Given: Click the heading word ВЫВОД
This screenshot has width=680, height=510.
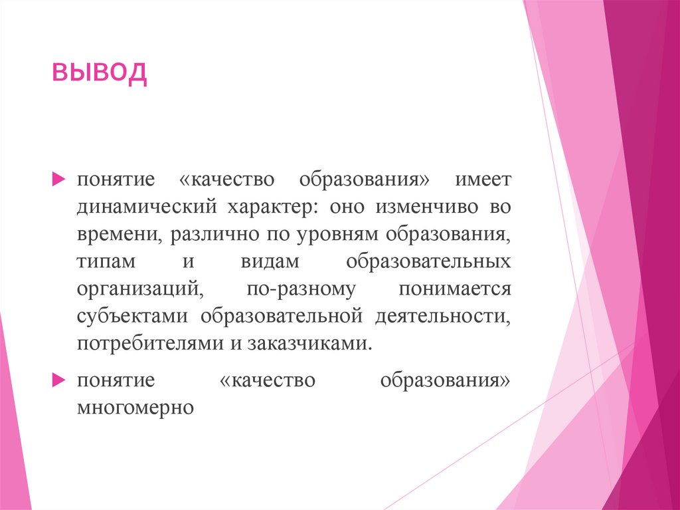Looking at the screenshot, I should (100, 72).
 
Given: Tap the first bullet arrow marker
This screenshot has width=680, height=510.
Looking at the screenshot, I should (58, 180).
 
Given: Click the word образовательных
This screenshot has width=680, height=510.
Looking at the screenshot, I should (428, 262).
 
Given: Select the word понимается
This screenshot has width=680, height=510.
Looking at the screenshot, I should (455, 289).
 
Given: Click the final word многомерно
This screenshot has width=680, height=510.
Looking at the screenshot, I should (135, 407).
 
